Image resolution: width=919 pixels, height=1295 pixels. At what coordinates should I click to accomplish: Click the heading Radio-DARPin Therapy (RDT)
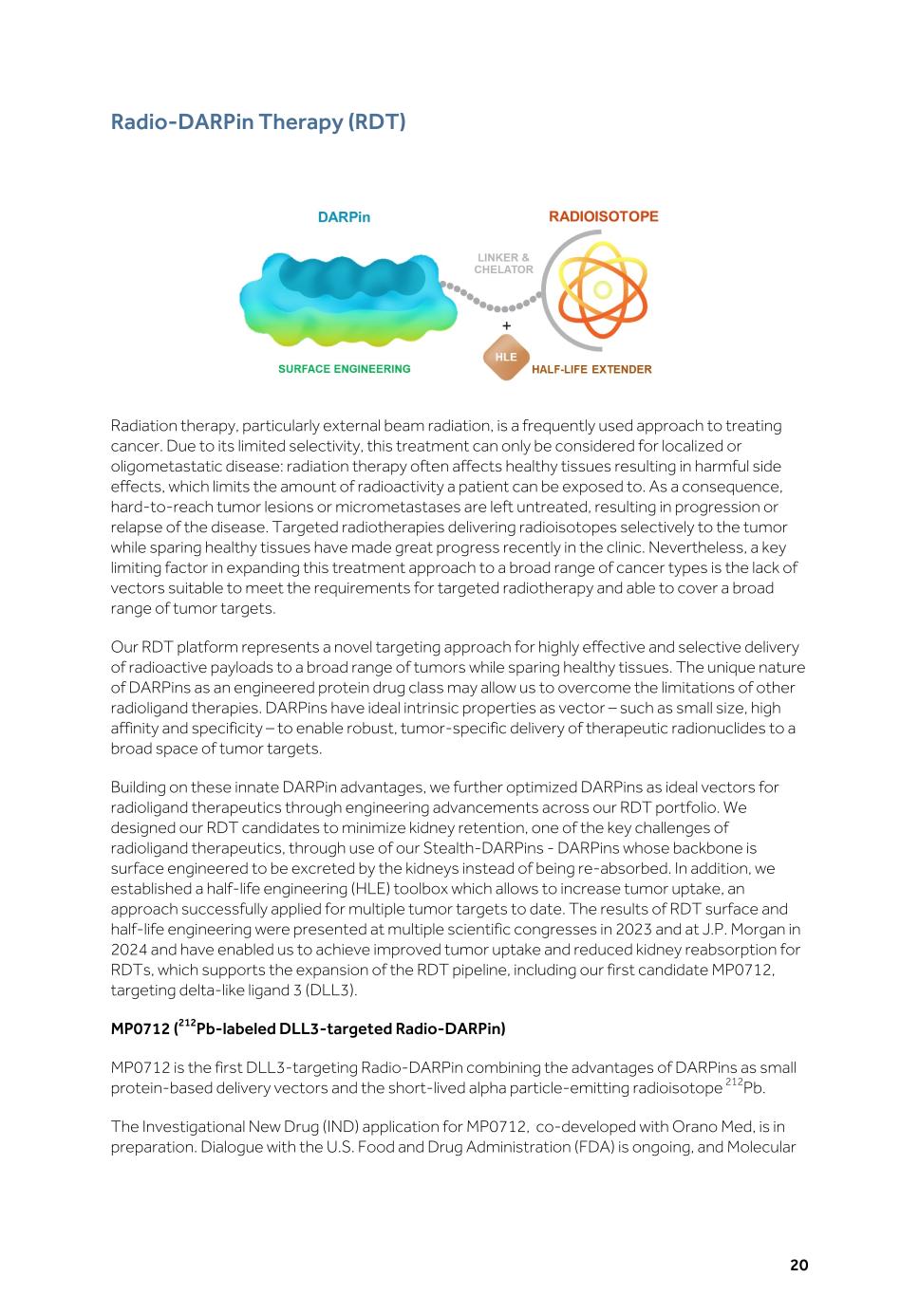(x=258, y=122)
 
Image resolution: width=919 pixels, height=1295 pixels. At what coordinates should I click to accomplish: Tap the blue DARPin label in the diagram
(x=344, y=217)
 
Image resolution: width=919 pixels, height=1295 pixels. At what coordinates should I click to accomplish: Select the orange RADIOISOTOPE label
(x=603, y=216)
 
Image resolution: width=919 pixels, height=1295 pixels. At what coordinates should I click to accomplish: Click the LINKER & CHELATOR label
(x=503, y=264)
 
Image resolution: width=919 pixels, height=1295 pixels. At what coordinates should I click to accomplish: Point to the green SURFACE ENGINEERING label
(x=344, y=369)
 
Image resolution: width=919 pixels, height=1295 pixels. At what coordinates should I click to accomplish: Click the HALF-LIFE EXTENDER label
(x=591, y=370)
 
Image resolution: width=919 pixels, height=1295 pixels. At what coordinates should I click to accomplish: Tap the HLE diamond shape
(x=506, y=358)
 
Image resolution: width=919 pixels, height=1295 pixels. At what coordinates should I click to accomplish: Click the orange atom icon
(x=602, y=289)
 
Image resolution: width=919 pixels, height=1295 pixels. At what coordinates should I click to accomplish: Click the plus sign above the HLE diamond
(x=506, y=326)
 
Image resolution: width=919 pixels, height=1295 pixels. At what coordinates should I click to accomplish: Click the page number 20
(x=798, y=1265)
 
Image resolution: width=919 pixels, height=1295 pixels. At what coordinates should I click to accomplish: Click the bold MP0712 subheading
(x=308, y=1028)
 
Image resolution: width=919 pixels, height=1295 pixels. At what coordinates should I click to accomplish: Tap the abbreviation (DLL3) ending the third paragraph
(x=332, y=990)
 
